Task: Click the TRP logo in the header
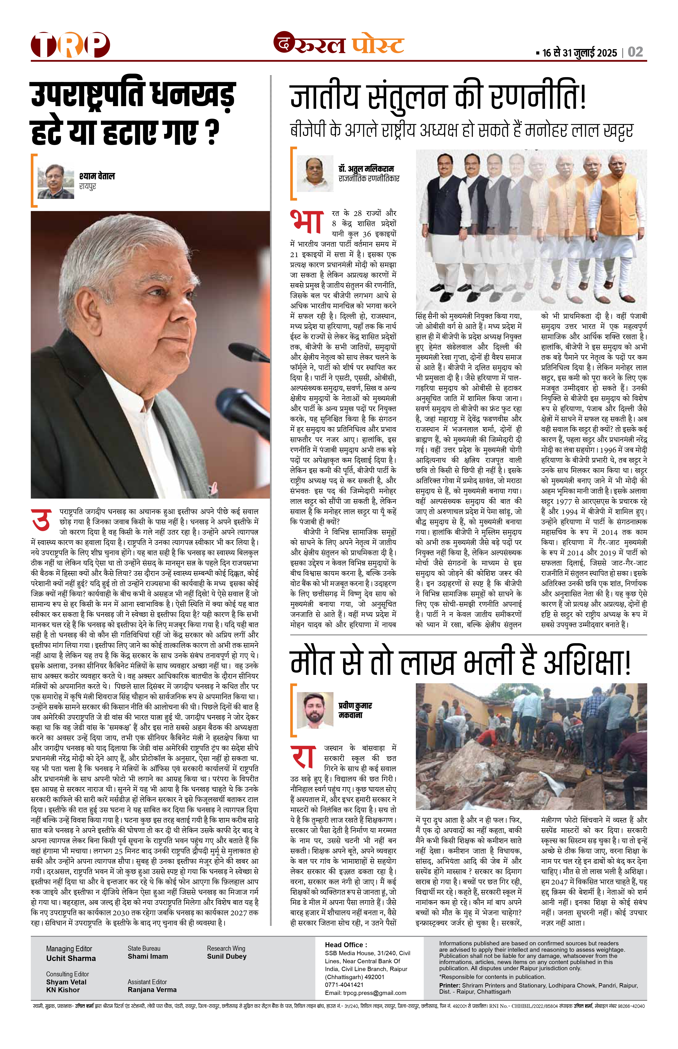[x=70, y=45]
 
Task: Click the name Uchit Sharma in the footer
[x=71, y=958]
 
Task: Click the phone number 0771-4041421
[x=344, y=985]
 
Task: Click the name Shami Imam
[x=148, y=956]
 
